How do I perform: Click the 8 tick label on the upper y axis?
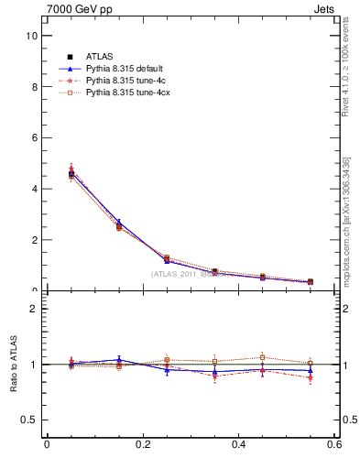(x=34, y=87)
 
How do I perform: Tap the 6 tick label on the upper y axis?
(x=34, y=137)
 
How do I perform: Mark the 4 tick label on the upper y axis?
(x=34, y=189)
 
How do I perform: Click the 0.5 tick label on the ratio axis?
(x=30, y=420)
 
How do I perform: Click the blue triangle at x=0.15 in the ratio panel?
(x=119, y=360)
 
